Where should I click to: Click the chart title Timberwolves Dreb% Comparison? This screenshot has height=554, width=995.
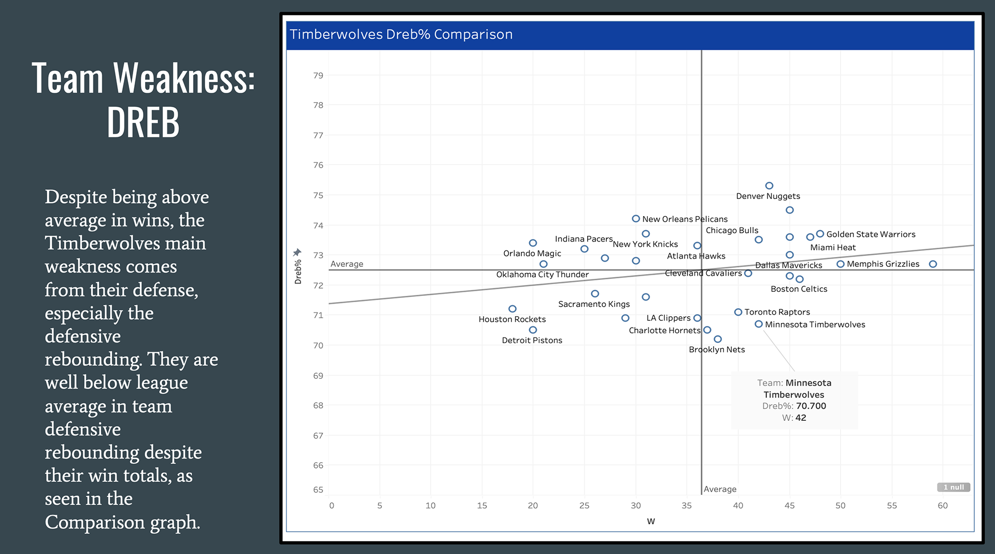coord(401,35)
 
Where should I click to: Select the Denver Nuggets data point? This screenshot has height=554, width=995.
coord(769,186)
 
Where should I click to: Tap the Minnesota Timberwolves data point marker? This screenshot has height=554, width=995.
coord(758,324)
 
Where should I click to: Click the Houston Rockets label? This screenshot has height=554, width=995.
coord(512,319)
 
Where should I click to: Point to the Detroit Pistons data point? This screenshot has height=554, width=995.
coord(533,330)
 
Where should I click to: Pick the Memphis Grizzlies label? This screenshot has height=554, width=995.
coord(883,264)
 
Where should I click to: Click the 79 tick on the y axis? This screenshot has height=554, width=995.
coord(318,76)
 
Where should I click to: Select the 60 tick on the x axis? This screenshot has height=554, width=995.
coord(942,505)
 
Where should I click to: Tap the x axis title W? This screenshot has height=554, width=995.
coord(651,521)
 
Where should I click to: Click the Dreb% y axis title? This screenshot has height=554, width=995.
coord(298,272)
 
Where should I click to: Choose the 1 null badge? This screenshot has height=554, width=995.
coord(953,487)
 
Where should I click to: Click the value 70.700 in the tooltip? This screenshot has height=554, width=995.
coord(811,406)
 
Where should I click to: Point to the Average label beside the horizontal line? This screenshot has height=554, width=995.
coord(347,264)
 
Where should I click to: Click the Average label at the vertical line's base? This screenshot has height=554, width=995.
coord(720,489)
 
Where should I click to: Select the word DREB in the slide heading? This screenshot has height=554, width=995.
coord(143,122)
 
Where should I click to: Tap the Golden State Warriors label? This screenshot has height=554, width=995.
coord(871,234)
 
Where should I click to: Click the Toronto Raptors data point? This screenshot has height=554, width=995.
coord(738,312)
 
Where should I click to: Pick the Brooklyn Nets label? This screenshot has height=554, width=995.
coord(717,349)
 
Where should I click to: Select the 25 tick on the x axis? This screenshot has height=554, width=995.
coord(584,505)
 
